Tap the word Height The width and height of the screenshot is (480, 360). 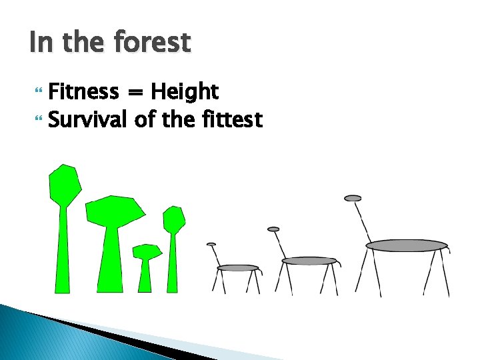[x=185, y=91]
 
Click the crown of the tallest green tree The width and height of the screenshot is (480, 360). [x=65, y=184]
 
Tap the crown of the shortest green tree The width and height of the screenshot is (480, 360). [x=146, y=251]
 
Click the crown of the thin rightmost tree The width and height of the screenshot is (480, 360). [x=174, y=219]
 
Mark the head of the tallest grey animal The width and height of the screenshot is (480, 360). [x=353, y=198]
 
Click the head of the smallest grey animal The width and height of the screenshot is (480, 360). [x=211, y=245]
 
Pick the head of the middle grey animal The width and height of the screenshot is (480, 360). [x=273, y=229]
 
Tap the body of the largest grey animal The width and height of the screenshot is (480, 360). [x=406, y=245]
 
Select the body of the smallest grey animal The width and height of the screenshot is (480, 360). [x=238, y=268]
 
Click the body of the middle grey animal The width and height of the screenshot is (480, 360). [x=309, y=261]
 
